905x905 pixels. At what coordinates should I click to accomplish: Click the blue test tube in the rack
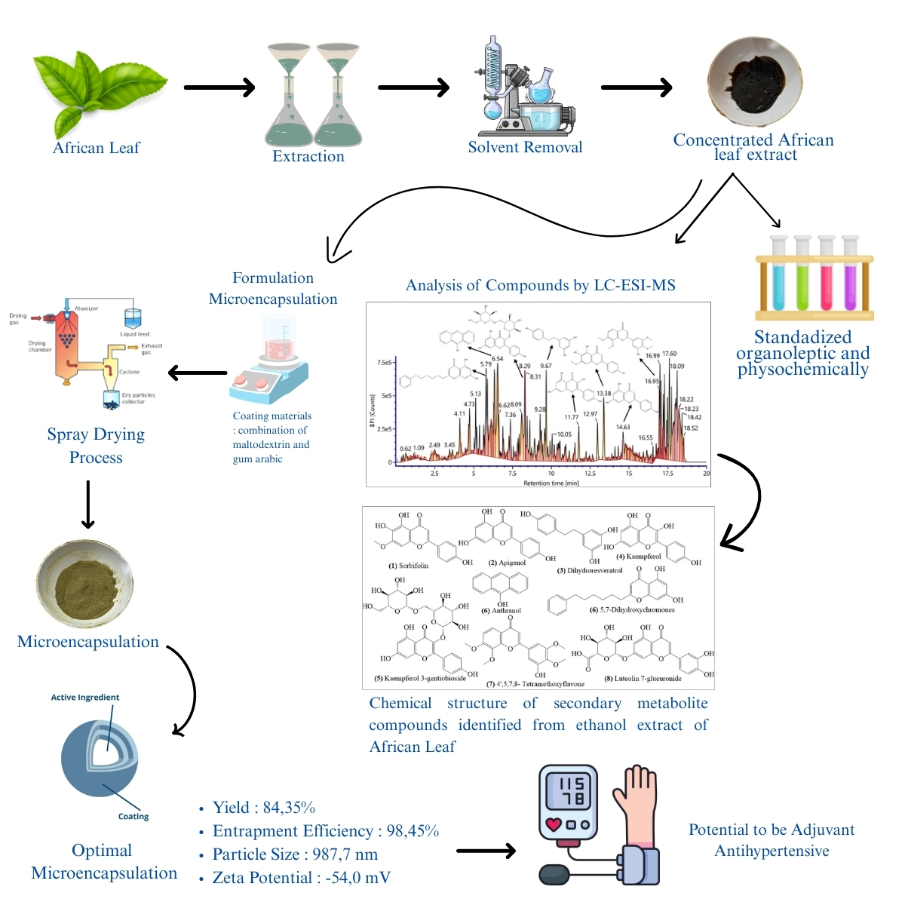(778, 276)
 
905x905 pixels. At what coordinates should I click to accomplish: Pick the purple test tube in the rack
(851, 276)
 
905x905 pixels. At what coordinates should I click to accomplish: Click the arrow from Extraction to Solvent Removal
(413, 87)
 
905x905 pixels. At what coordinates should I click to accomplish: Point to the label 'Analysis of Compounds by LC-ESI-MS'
(540, 285)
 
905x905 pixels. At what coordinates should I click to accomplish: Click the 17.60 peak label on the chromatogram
(669, 354)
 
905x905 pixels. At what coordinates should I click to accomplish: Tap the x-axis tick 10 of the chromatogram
(551, 474)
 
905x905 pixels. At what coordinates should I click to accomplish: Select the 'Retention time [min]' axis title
(551, 483)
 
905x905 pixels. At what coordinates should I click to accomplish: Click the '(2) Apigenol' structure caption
(507, 563)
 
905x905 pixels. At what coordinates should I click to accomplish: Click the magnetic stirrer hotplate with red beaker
(270, 370)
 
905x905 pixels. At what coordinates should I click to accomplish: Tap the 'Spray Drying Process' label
(96, 446)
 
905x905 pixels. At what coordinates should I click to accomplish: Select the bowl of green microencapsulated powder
(84, 584)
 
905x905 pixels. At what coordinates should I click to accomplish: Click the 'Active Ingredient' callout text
(85, 698)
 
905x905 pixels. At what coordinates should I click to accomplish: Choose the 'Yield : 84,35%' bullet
(263, 808)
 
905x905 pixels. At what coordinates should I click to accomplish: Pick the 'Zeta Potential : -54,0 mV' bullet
(301, 878)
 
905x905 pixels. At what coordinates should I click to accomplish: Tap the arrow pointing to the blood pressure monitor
(486, 851)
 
